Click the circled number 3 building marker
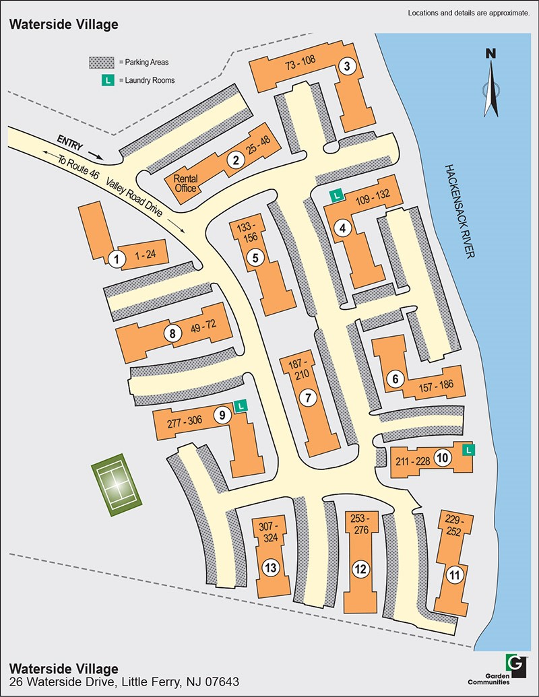(x=347, y=66)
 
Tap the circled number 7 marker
(x=307, y=397)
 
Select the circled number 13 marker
(x=271, y=568)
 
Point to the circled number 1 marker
(x=117, y=258)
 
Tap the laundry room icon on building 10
(x=469, y=449)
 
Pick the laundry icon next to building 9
(x=241, y=405)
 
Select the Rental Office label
(x=185, y=183)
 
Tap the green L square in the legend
(x=106, y=80)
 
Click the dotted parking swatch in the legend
(x=102, y=62)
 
